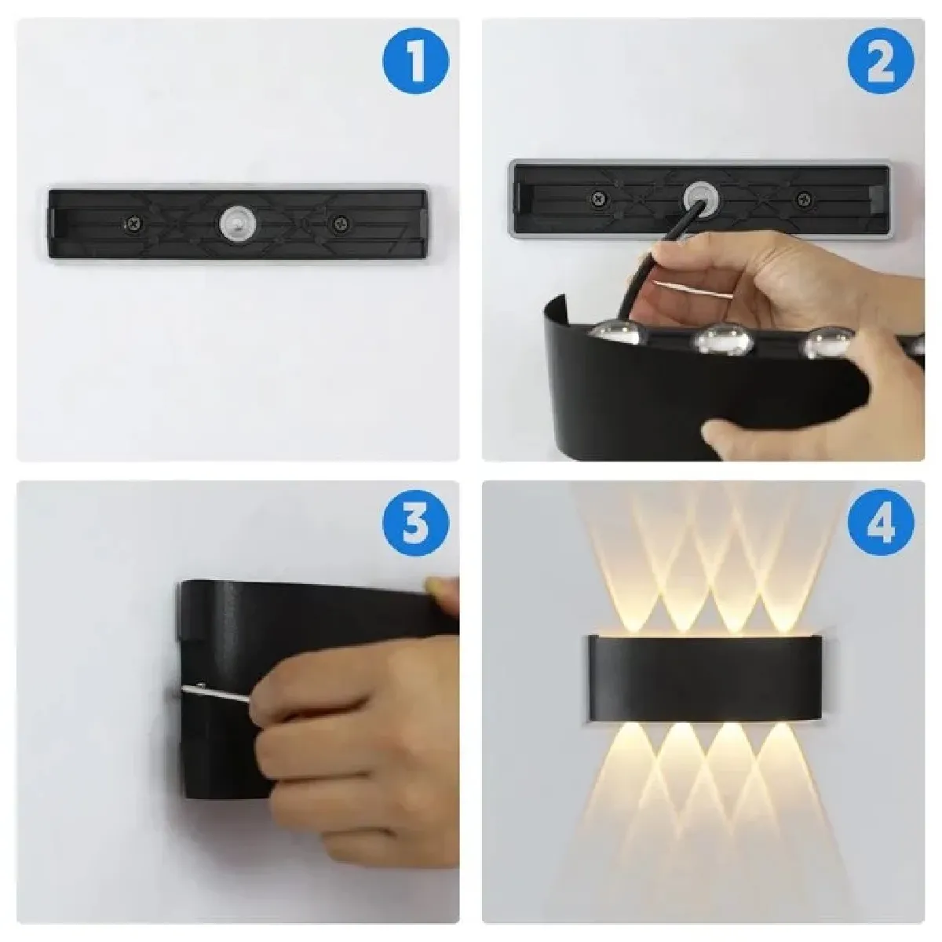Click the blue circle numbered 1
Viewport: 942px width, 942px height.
(x=415, y=60)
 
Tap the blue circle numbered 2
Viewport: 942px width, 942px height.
(x=880, y=60)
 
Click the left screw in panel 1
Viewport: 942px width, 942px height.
(x=133, y=225)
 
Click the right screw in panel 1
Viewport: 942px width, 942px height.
(x=338, y=225)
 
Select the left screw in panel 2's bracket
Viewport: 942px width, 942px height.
(x=599, y=199)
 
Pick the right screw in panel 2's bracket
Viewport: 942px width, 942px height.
(x=803, y=199)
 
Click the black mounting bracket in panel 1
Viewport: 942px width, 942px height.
(x=238, y=224)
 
